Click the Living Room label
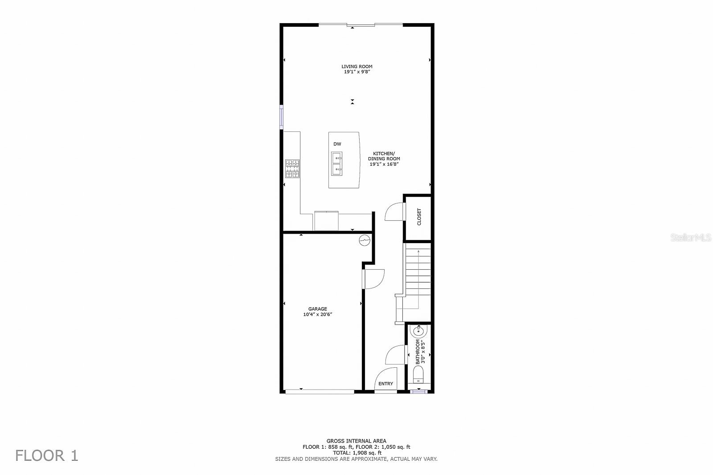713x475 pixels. point(357,67)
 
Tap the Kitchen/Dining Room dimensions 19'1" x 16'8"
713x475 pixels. point(384,164)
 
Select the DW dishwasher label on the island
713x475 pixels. point(337,144)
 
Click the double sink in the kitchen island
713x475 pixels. point(336,163)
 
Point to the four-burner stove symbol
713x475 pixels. point(292,169)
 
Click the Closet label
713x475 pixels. point(419,217)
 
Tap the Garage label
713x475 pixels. point(318,309)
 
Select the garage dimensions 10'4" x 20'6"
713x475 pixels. point(318,315)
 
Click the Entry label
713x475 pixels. point(386,384)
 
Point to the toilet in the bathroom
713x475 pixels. point(418,376)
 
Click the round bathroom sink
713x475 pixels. point(418,331)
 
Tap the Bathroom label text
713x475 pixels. point(418,352)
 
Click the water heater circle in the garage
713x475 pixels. point(365,240)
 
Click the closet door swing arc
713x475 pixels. point(393,211)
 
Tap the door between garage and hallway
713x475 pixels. point(373,279)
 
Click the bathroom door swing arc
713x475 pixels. point(395,355)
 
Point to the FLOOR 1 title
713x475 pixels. point(47,456)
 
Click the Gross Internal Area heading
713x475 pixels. point(356,441)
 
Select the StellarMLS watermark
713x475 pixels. point(691,238)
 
